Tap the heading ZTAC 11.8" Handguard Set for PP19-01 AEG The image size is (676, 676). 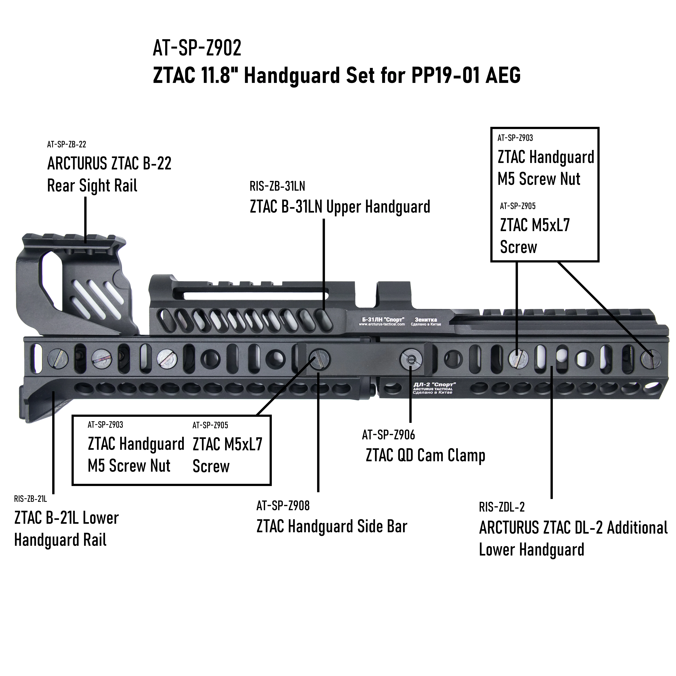[337, 75]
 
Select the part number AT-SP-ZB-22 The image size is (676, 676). [67, 144]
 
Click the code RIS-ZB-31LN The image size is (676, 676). [277, 186]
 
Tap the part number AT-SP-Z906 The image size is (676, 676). [388, 435]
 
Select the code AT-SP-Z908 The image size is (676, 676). [283, 506]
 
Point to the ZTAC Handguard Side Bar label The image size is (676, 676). [332, 527]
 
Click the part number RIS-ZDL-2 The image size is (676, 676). [501, 507]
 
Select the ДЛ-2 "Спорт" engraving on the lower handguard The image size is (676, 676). [434, 385]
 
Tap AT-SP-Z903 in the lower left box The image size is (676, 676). [105, 425]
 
